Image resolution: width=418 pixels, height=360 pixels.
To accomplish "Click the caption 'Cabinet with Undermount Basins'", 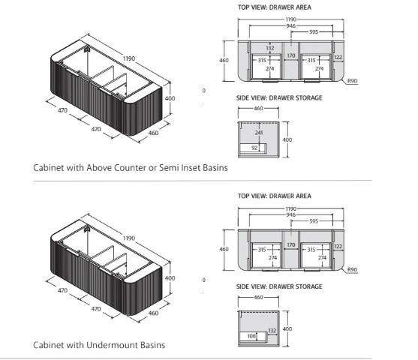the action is (x=99, y=345).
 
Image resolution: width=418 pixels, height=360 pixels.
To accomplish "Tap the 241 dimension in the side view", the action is (x=259, y=133).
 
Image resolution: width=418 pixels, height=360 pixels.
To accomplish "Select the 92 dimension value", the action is (x=254, y=148).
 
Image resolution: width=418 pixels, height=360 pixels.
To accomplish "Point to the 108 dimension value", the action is (x=251, y=336).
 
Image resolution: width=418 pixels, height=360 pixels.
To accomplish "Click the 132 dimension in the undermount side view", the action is (x=272, y=331).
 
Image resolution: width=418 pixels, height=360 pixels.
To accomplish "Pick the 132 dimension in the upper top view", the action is (x=270, y=48).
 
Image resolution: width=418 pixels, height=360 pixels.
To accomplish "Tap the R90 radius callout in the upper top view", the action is (x=352, y=81).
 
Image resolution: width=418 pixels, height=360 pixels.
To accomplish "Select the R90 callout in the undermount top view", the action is (x=352, y=269).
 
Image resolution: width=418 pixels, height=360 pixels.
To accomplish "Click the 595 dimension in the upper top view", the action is (x=314, y=31).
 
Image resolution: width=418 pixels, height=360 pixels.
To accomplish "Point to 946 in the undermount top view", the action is (x=290, y=214).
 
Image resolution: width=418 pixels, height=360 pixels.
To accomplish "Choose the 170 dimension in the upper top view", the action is (x=291, y=55).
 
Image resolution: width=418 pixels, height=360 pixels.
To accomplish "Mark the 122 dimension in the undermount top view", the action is (x=338, y=246).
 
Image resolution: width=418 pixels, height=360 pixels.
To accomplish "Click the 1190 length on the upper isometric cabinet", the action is (x=129, y=58).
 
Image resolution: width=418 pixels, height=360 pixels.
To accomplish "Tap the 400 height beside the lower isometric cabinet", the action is (x=170, y=278).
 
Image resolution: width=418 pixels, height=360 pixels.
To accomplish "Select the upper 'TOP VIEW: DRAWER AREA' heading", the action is (x=275, y=7).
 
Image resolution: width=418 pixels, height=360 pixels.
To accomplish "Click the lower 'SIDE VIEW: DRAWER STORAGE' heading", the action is (x=279, y=286).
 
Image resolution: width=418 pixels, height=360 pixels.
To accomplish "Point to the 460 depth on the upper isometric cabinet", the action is (x=153, y=133).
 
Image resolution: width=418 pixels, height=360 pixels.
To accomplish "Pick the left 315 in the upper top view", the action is (x=262, y=60).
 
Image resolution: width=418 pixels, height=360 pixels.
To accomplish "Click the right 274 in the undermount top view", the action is (x=322, y=258).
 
